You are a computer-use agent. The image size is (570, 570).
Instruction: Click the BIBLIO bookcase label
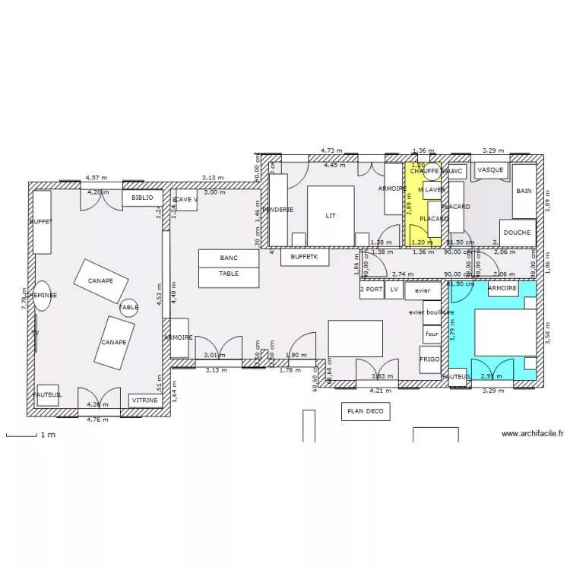(x=142, y=198)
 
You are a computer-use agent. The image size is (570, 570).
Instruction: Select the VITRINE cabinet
(x=144, y=400)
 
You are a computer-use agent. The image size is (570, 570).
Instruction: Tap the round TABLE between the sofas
(x=129, y=307)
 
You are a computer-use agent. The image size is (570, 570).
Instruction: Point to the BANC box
(x=229, y=258)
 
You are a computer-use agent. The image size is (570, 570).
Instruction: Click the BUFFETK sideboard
(x=305, y=258)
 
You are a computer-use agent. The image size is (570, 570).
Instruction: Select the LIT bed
(x=331, y=216)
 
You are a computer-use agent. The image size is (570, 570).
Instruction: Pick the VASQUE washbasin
(x=490, y=170)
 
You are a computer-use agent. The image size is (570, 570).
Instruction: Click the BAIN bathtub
(x=524, y=191)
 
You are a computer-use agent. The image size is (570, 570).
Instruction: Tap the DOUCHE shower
(x=518, y=233)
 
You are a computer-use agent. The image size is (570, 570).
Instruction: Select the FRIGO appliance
(x=429, y=359)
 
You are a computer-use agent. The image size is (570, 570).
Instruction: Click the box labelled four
(x=432, y=334)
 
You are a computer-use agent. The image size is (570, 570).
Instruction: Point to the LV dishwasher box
(x=394, y=290)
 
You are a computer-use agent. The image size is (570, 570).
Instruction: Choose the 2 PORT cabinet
(x=371, y=290)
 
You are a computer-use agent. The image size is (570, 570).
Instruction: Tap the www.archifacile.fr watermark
(x=533, y=433)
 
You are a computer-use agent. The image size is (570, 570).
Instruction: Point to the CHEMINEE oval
(x=41, y=295)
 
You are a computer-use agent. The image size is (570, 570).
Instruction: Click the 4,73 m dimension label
(x=331, y=151)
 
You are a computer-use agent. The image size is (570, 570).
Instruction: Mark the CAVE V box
(x=186, y=200)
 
